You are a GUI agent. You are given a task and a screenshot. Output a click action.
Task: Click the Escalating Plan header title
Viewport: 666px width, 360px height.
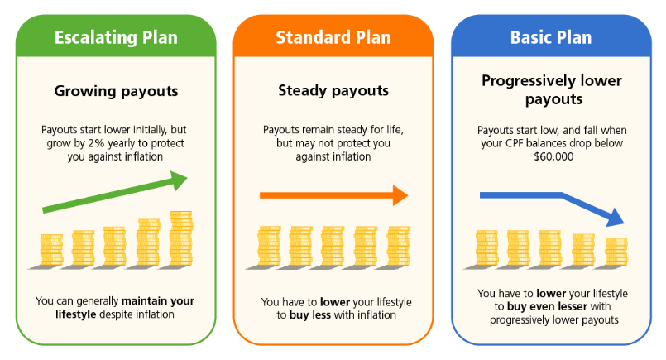pos(115,37)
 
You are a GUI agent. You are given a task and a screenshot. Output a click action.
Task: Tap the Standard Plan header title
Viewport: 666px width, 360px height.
pos(333,37)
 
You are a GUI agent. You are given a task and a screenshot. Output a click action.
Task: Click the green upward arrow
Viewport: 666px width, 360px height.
pos(115,192)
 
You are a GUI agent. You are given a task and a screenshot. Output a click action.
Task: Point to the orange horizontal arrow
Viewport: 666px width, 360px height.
pos(333,195)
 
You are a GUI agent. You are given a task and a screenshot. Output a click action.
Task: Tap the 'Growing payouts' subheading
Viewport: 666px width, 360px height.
pos(115,91)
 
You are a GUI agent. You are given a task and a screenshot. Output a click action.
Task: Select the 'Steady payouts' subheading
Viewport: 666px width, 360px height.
pos(333,91)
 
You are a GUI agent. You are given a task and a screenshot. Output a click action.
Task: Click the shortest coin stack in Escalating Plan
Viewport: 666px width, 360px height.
pos(51,250)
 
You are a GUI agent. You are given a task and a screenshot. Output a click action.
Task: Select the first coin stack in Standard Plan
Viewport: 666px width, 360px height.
pos(268,246)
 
